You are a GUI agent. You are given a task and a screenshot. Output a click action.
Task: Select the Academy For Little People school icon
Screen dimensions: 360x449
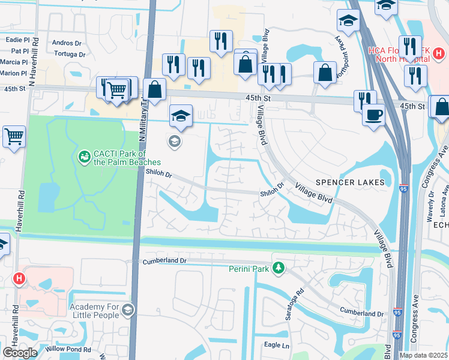click(127, 310)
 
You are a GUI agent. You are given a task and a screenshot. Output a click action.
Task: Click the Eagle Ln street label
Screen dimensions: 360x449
click(277, 346)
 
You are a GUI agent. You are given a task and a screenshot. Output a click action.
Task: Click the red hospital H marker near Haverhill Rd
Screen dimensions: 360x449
click(19, 278)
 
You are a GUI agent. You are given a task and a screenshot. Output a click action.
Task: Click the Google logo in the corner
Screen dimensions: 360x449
click(19, 353)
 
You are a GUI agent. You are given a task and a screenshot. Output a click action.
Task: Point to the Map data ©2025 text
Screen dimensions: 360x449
click(424, 355)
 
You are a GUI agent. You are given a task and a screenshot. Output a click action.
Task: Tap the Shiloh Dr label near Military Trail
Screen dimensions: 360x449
click(159, 175)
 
